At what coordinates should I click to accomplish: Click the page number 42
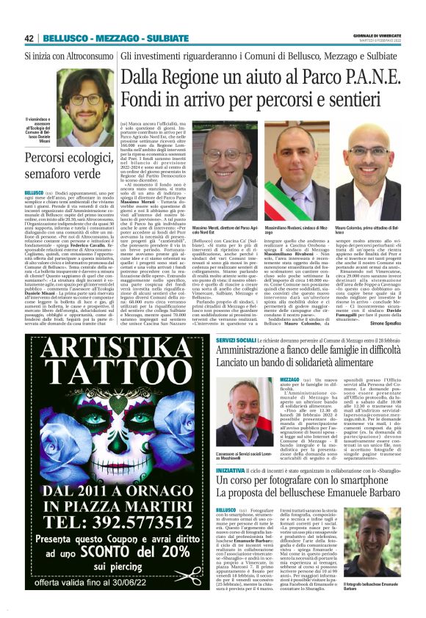tap(29, 38)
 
